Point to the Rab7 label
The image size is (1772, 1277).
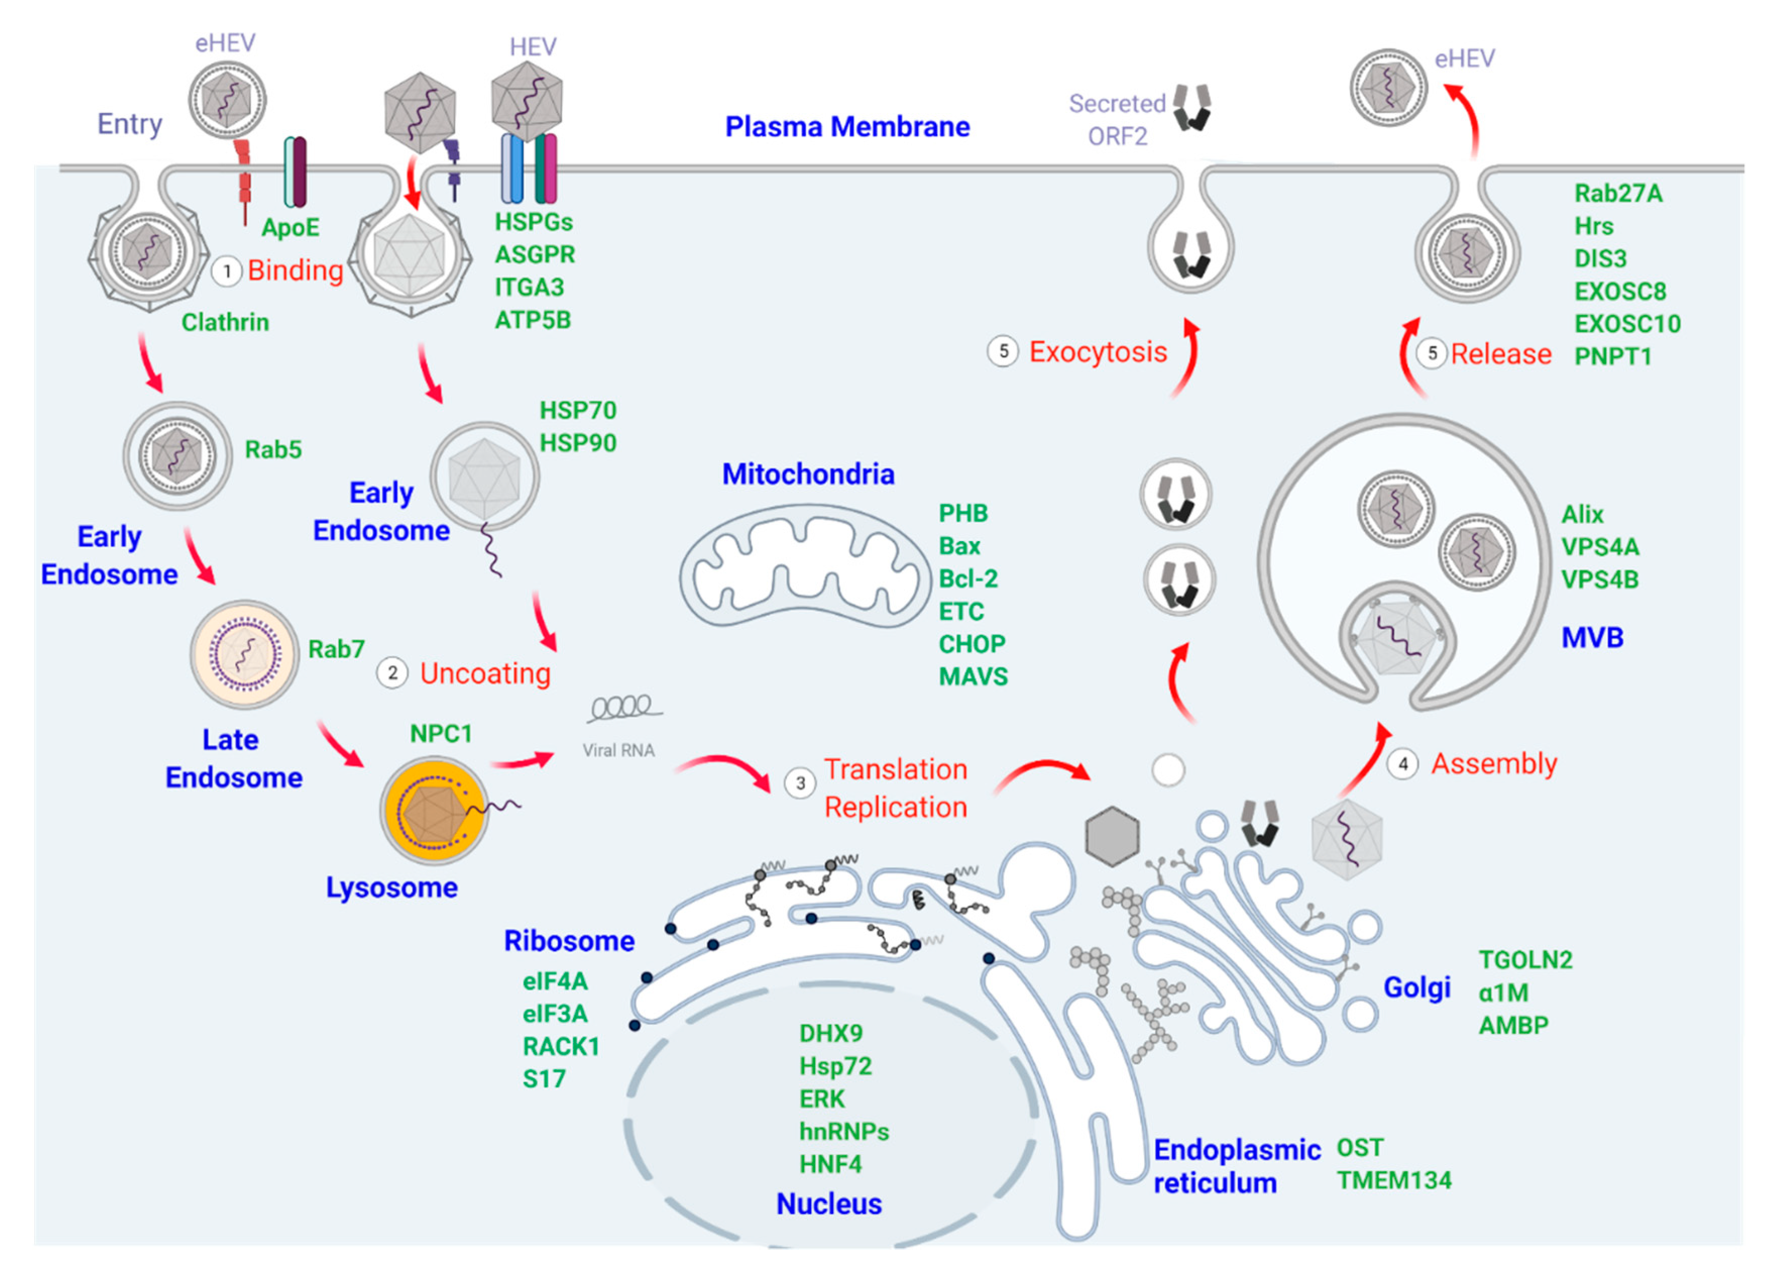(x=336, y=649)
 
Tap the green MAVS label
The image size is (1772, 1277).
(x=973, y=676)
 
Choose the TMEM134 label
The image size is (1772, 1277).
(x=1394, y=1180)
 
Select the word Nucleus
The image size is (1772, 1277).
(x=828, y=1203)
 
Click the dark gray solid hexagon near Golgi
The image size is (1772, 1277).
(x=1112, y=837)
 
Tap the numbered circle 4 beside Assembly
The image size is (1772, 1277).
(x=1402, y=764)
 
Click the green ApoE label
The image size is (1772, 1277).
(x=290, y=227)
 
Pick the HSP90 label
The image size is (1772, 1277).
(x=578, y=443)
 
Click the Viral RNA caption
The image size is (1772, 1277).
(x=618, y=750)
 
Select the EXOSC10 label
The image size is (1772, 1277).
(x=1627, y=323)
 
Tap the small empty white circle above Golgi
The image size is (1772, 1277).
(x=1168, y=770)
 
